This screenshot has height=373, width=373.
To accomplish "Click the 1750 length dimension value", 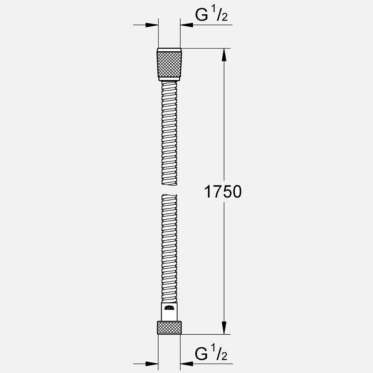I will click(223, 192).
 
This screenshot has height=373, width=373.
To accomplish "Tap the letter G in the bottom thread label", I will click(202, 354).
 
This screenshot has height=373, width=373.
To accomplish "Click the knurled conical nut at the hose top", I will click(169, 64).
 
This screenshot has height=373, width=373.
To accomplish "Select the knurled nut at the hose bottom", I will click(169, 328).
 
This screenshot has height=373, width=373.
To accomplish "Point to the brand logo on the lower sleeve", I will click(170, 308).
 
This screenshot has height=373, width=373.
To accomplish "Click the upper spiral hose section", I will click(169, 133).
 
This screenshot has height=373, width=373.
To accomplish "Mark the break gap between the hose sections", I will click(169, 190).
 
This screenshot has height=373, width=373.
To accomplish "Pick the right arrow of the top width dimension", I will click(187, 25).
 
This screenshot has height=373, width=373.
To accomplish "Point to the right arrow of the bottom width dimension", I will click(187, 364).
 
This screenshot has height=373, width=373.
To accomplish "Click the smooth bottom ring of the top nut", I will click(169, 79).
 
